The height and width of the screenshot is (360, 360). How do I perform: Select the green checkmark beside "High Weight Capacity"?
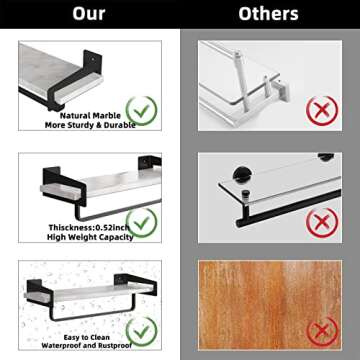coord(142,222)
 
